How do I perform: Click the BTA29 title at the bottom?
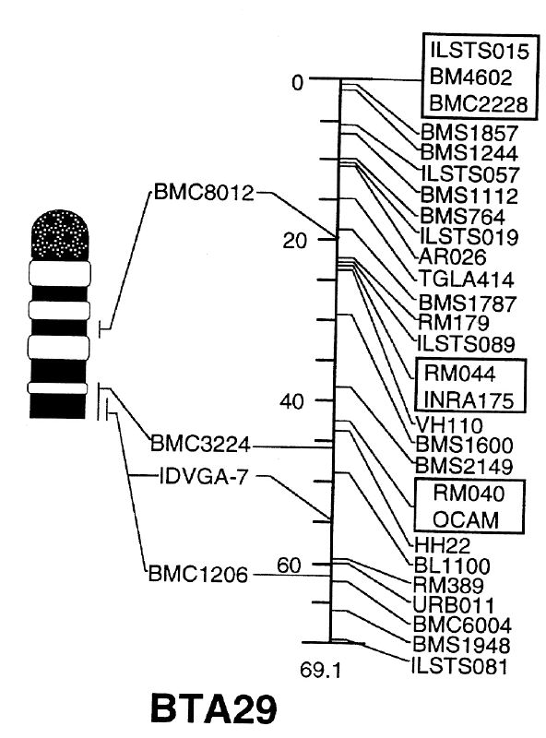click(x=214, y=709)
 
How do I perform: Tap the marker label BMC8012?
click(x=204, y=193)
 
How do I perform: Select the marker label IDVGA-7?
click(x=203, y=477)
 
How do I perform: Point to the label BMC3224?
click(x=200, y=444)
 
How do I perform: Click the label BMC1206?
click(x=198, y=574)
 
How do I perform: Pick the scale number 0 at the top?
click(x=298, y=83)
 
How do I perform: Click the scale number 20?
click(x=294, y=241)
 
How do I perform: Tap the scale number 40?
click(x=291, y=401)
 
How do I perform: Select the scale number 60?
click(x=289, y=565)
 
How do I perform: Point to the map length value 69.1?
click(x=320, y=670)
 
